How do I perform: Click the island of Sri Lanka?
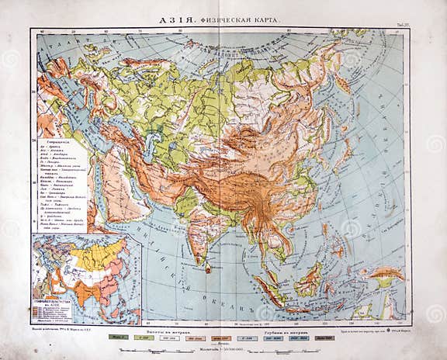[x=208, y=266]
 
